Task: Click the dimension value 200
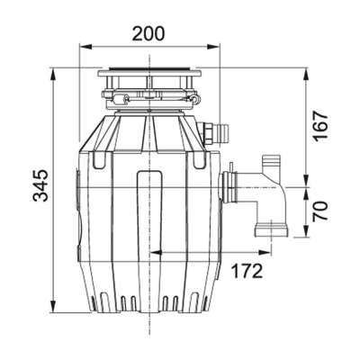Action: click(x=148, y=34)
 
